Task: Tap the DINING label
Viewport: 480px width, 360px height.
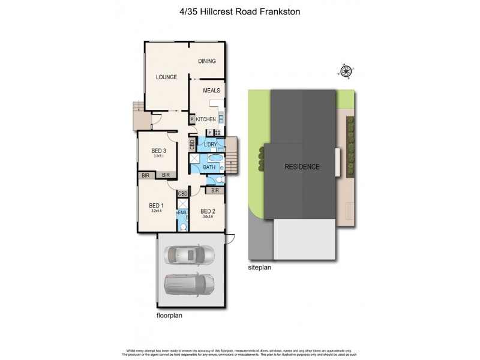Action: point(207,61)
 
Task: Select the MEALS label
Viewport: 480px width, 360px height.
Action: point(211,91)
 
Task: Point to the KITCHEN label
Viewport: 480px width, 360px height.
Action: point(206,119)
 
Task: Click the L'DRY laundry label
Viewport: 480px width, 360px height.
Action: point(210,145)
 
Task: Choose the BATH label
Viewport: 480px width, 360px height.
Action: point(209,167)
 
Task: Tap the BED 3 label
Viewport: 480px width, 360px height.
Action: point(158,150)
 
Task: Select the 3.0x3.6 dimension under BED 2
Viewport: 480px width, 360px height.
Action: point(208,217)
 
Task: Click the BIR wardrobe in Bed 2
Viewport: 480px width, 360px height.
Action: point(215,191)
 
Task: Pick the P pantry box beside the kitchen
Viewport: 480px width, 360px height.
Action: point(192,120)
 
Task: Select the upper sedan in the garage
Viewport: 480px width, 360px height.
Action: point(189,255)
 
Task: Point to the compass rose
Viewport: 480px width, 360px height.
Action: point(346,72)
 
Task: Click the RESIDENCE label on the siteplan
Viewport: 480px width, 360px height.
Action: point(302,167)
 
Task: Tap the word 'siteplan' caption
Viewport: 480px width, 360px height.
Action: point(260,268)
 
